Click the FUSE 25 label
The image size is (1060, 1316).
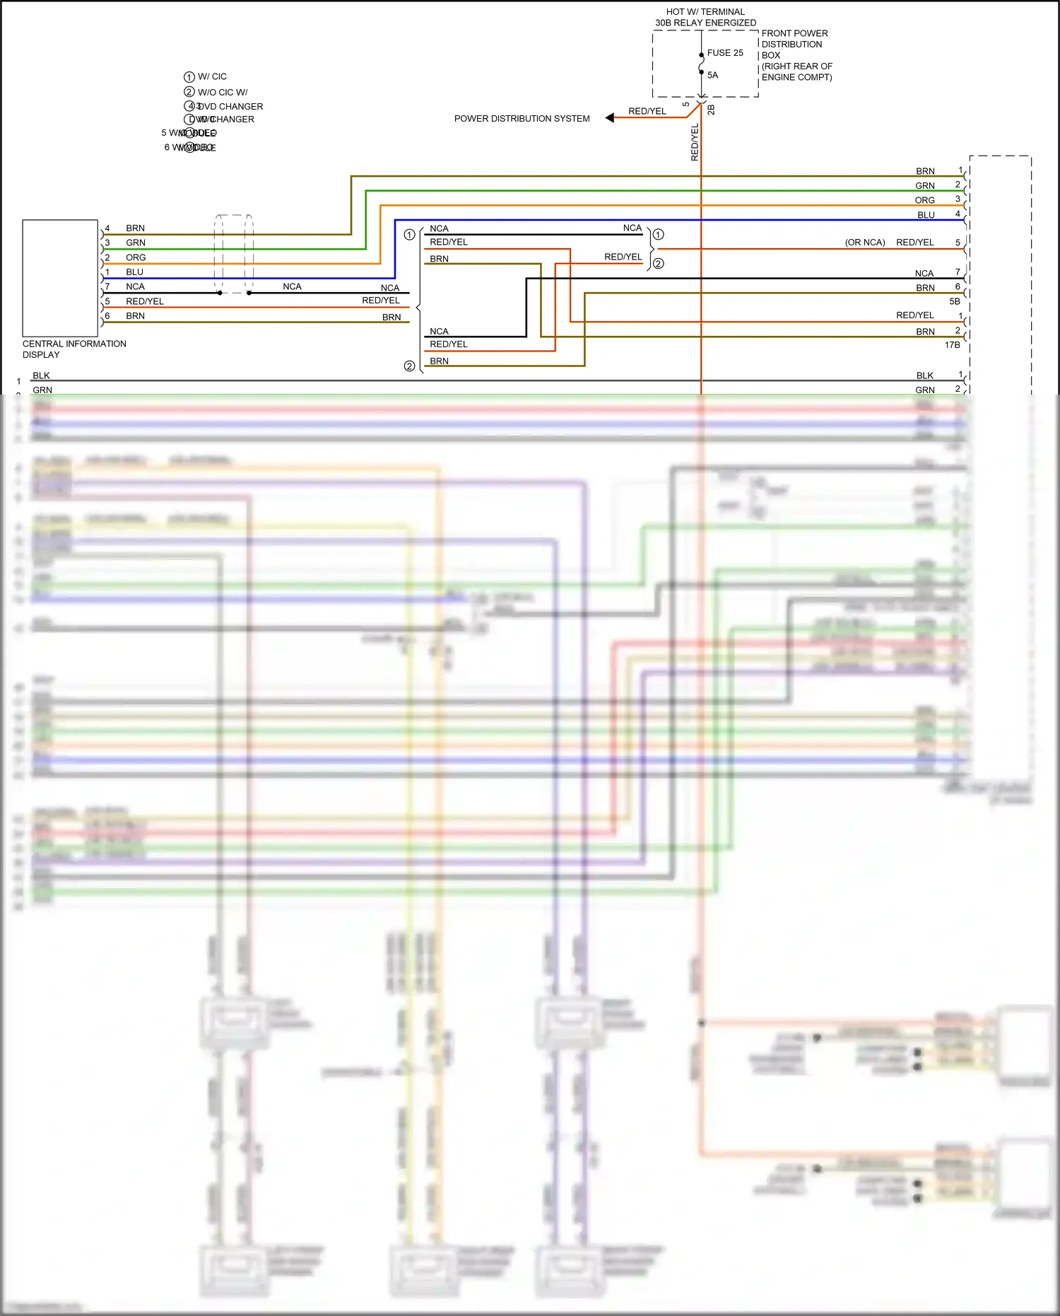724,53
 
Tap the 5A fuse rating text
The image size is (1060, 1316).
712,75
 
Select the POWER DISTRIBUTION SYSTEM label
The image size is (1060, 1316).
522,119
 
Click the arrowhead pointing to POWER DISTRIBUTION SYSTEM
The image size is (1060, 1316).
609,118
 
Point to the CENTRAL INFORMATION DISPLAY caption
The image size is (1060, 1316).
74,349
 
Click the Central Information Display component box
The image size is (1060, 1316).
60,278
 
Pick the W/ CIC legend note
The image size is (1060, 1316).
212,76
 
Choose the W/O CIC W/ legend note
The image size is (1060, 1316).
223,92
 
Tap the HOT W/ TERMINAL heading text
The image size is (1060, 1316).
705,12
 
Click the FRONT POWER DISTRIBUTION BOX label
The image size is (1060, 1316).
794,44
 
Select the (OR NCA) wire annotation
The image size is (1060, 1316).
864,243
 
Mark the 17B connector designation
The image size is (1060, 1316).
952,345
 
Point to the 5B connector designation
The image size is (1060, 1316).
954,301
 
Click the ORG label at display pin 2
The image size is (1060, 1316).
136,257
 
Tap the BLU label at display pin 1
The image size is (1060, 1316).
134,272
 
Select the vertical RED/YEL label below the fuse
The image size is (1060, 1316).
695,142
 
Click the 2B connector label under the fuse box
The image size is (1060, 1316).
711,110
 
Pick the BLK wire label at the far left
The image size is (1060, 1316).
41,375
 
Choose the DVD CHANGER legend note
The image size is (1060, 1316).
231,107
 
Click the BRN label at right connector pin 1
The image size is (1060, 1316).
925,171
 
